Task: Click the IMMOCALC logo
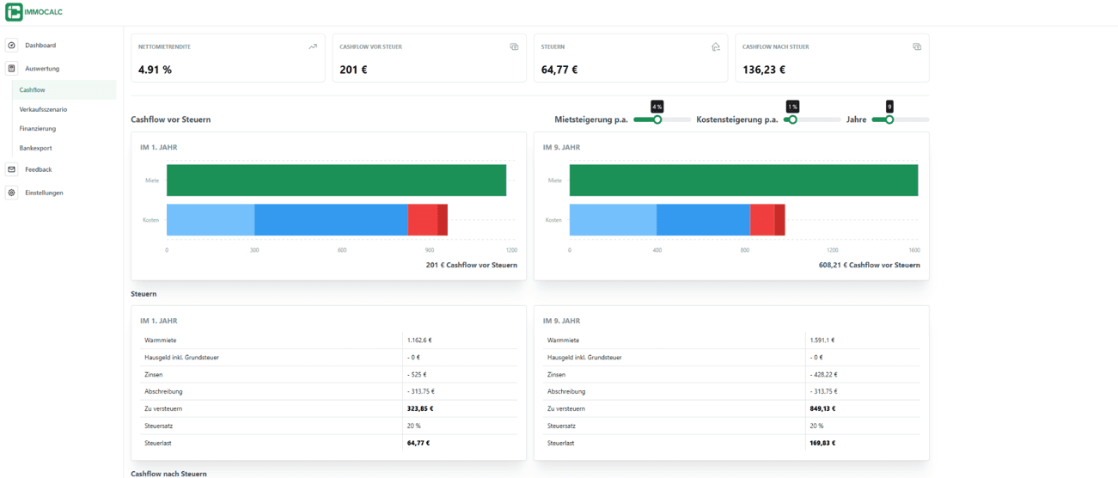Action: pyautogui.click(x=34, y=12)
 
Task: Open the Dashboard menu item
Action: pyautogui.click(x=40, y=46)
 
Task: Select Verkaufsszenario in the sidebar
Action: pyautogui.click(x=43, y=109)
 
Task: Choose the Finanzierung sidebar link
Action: pyautogui.click(x=38, y=129)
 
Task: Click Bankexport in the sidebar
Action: pyautogui.click(x=35, y=148)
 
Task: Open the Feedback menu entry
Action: pyautogui.click(x=38, y=169)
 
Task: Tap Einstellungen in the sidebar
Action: pyautogui.click(x=44, y=193)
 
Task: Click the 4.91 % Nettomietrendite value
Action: pyautogui.click(x=155, y=70)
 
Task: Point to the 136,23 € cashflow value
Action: pyautogui.click(x=764, y=70)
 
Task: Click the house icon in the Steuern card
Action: pyautogui.click(x=715, y=47)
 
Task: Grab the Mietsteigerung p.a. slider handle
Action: pyautogui.click(x=657, y=119)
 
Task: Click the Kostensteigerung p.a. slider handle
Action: pyautogui.click(x=792, y=119)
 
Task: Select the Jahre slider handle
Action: pyautogui.click(x=889, y=119)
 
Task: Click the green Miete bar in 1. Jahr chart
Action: pyautogui.click(x=336, y=181)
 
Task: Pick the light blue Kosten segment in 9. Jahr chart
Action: pyautogui.click(x=613, y=220)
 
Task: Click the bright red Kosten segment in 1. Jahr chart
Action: pyautogui.click(x=422, y=220)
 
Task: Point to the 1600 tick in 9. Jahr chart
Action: pyautogui.click(x=913, y=250)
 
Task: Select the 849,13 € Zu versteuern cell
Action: pyautogui.click(x=822, y=409)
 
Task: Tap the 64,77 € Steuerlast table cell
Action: pyautogui.click(x=418, y=444)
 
